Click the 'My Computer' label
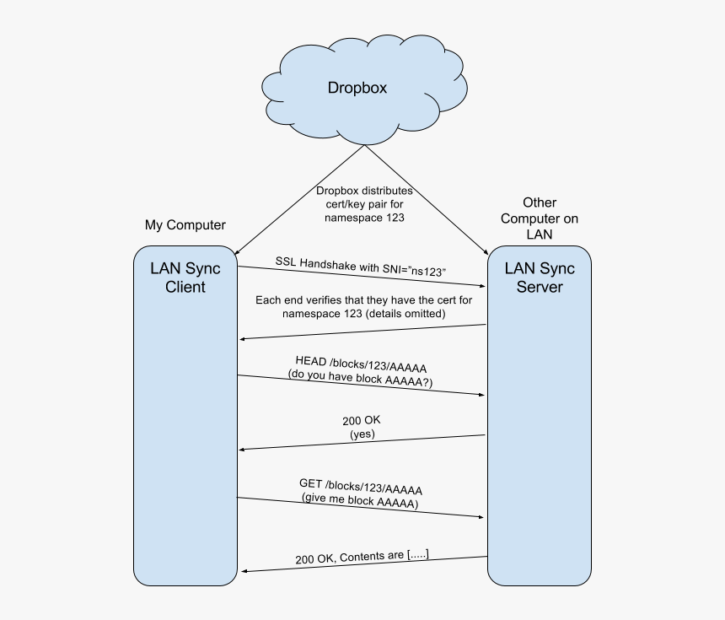coord(185,225)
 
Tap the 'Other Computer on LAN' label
coord(540,218)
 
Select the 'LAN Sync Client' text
coord(185,278)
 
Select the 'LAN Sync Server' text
coord(540,278)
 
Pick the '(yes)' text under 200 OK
coord(362,434)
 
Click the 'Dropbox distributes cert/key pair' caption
coord(364,204)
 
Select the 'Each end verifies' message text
coord(364,306)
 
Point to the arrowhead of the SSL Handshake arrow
coord(483,286)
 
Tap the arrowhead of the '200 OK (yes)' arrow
coord(243,449)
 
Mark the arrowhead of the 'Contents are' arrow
coord(243,572)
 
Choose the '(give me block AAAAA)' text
coord(360,501)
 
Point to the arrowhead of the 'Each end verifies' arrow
coord(243,339)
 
